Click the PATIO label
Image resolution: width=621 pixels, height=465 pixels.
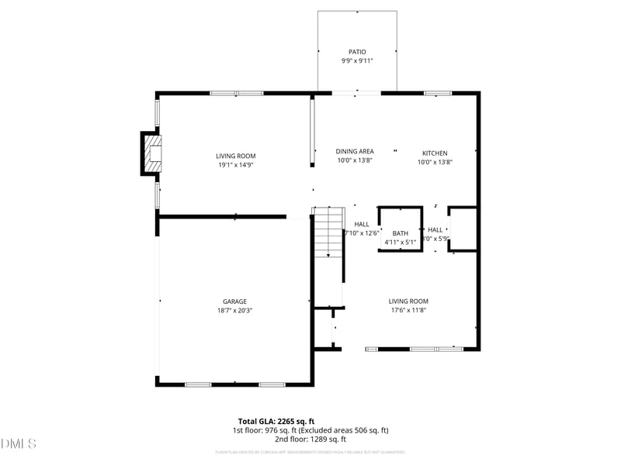pos(357,52)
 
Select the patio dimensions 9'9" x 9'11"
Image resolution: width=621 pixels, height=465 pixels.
pos(357,60)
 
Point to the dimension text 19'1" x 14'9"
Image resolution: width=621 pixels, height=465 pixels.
pos(235,164)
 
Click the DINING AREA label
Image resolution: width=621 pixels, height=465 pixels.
pos(355,152)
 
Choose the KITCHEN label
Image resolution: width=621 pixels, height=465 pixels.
pos(435,153)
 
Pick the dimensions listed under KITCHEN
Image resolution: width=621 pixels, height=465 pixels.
pos(435,161)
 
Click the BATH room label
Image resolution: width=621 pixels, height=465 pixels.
pos(401,233)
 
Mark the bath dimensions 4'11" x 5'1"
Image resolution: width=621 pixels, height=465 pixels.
pos(401,242)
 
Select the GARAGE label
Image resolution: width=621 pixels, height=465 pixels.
pos(235,301)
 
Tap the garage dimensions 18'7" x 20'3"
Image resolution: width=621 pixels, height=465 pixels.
pos(235,310)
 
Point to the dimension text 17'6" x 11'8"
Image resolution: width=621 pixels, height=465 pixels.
pos(408,310)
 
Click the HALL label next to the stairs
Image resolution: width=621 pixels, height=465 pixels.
pos(362,224)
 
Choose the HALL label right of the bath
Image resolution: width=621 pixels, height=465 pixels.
pos(435,229)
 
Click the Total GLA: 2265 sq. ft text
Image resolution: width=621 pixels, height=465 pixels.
pos(276,421)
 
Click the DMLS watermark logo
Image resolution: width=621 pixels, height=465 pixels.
pos(19,444)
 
